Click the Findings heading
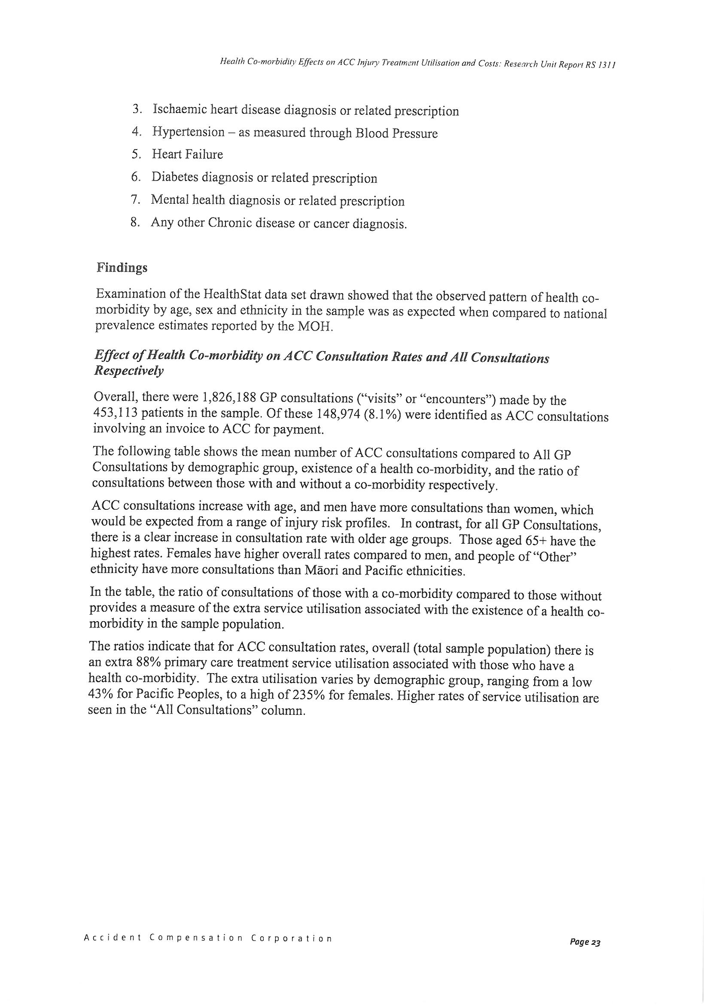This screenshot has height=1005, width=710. [122, 267]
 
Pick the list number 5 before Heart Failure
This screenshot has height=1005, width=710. [136, 154]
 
